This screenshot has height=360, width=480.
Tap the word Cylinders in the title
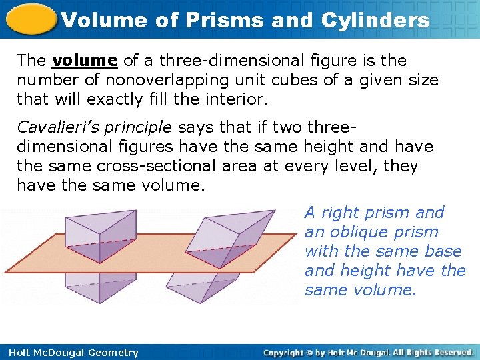[375, 20]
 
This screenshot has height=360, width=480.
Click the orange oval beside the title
[31, 19]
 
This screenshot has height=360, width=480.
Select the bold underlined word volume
[85, 61]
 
